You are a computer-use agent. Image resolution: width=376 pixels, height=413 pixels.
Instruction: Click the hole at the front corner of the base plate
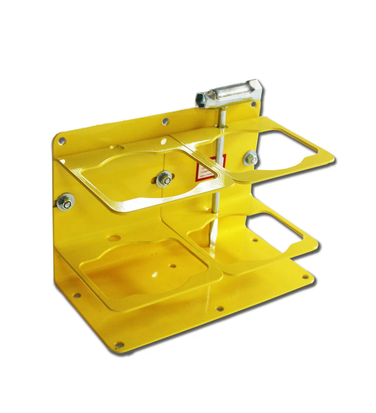click(118, 345)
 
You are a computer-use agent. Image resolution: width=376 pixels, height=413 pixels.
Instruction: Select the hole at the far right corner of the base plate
click(303, 277)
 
